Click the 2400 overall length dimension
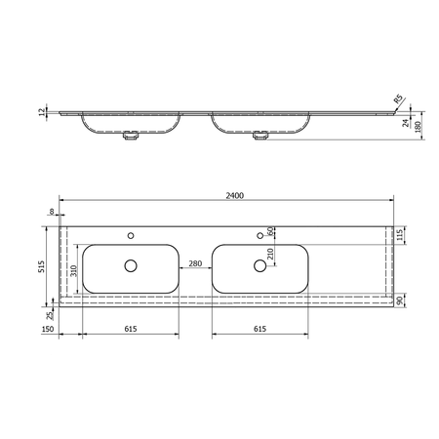(x=234, y=195)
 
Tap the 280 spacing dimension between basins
(x=195, y=263)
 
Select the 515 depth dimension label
(x=42, y=266)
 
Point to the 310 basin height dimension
(x=74, y=270)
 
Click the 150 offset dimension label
(x=48, y=329)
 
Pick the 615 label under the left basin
(x=131, y=329)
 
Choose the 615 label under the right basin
(x=259, y=329)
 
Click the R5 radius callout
(x=398, y=99)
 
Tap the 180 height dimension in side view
(x=419, y=126)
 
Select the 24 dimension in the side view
(x=405, y=123)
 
